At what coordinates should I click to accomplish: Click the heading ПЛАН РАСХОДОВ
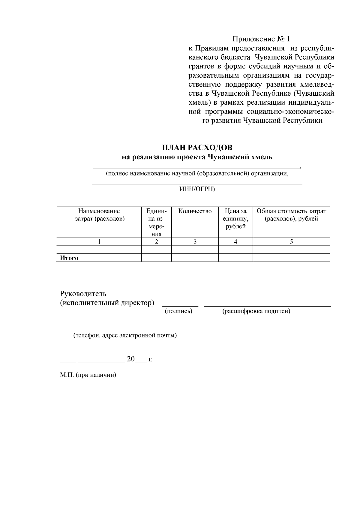(x=197, y=148)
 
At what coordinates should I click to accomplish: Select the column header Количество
(x=195, y=211)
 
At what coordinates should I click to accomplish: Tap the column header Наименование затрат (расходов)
(x=99, y=215)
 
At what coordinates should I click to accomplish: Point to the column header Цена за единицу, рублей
(x=235, y=219)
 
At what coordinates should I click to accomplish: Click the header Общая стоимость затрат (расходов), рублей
(x=291, y=215)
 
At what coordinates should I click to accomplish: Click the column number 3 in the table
(x=195, y=242)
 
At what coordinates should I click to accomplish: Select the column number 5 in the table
(x=291, y=242)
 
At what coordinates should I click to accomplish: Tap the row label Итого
(x=69, y=258)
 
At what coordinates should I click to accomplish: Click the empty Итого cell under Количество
(x=195, y=258)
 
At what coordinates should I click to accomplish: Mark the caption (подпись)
(x=179, y=311)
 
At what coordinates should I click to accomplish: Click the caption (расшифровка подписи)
(x=256, y=311)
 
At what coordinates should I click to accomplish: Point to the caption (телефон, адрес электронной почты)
(x=125, y=335)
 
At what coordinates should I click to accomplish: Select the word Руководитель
(x=83, y=294)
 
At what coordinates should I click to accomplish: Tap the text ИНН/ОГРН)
(x=197, y=189)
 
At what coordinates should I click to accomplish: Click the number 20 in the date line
(x=131, y=359)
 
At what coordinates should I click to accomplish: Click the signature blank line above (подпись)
(x=180, y=305)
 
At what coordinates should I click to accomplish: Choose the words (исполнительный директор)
(x=107, y=303)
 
